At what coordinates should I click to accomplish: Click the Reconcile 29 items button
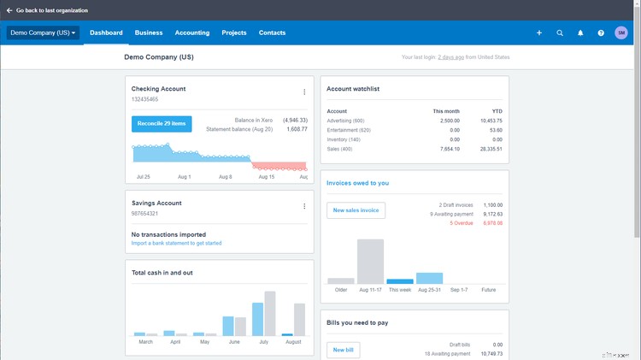[162, 123]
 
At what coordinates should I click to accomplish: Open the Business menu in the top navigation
[149, 32]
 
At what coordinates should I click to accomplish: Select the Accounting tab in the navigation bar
[192, 32]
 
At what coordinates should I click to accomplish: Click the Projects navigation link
[234, 32]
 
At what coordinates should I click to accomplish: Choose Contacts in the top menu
[273, 32]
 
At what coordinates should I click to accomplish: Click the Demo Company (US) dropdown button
[43, 32]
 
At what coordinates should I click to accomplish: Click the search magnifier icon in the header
[560, 32]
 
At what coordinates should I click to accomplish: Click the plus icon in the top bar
[539, 32]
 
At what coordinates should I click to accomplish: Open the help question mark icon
[601, 32]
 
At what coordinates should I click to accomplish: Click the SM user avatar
[621, 32]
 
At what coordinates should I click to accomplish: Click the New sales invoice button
[356, 210]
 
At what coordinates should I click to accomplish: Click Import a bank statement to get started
[176, 243]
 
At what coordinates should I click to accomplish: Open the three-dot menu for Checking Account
[304, 92]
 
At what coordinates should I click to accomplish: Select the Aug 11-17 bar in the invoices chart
[370, 262]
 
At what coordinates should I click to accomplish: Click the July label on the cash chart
[264, 341]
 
